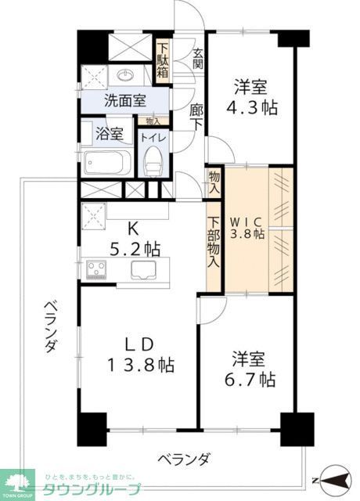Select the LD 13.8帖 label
point(141,355)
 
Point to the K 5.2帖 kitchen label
point(133,240)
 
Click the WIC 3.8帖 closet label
point(247,226)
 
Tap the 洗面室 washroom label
point(125,101)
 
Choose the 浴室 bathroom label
point(108,133)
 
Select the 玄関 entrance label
point(199,59)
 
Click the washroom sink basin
point(127,75)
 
